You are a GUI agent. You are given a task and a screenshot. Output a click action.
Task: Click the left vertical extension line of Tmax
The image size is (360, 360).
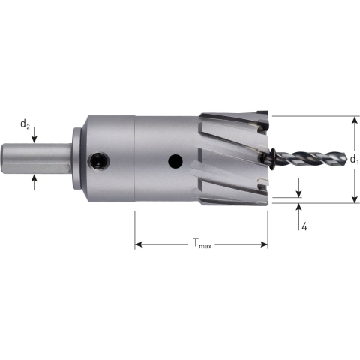(135, 229)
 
